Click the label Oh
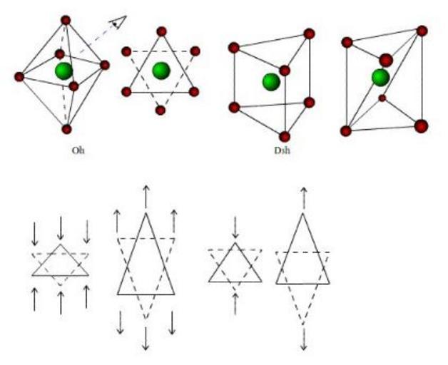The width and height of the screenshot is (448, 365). click(x=78, y=150)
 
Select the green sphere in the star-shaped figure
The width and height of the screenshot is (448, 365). click(x=161, y=70)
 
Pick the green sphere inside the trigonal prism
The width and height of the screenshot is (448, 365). click(x=270, y=81)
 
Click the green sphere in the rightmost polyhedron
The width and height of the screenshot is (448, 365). click(x=380, y=77)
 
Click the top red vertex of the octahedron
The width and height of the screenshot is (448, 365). click(x=66, y=20)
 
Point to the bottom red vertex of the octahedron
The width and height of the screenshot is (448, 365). click(x=66, y=129)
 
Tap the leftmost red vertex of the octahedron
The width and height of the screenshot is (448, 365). click(x=19, y=76)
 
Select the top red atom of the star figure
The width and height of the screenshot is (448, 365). click(x=161, y=31)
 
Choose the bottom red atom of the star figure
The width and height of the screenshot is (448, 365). click(x=161, y=110)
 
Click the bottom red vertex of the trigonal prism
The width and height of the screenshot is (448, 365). click(x=285, y=136)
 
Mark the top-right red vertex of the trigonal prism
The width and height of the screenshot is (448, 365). click(x=309, y=34)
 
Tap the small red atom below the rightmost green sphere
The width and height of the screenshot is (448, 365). click(x=382, y=98)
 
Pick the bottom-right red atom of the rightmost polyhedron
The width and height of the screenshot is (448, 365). click(x=421, y=126)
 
